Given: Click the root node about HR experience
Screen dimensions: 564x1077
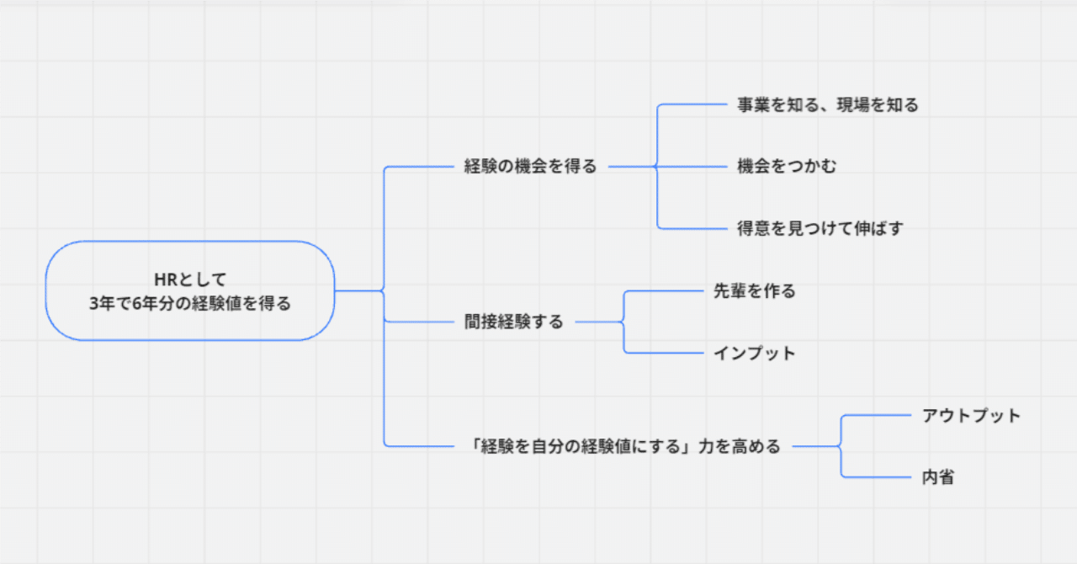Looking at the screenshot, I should (190, 290).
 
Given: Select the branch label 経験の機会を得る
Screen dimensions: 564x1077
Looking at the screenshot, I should (530, 167).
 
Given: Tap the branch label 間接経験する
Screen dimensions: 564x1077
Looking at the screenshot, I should (513, 322).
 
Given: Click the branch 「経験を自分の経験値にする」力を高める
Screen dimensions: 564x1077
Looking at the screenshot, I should (626, 446).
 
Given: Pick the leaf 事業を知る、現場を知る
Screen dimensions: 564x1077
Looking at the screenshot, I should (827, 105).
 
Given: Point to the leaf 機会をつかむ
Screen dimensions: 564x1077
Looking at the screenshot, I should (787, 167).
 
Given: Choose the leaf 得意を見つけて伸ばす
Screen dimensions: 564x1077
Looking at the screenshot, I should (820, 228).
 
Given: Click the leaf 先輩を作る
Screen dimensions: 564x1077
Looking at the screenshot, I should (754, 291).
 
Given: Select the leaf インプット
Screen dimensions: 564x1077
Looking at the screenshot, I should (754, 353).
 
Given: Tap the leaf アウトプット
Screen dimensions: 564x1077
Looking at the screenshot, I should (971, 415).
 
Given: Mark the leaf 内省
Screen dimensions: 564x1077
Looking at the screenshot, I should (938, 477).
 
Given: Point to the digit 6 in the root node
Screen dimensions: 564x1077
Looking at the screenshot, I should (137, 304).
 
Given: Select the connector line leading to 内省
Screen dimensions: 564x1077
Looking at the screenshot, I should (875, 477).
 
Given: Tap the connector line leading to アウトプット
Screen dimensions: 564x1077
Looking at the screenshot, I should (875, 415).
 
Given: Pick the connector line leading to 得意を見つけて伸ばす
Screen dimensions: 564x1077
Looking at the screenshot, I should (690, 228).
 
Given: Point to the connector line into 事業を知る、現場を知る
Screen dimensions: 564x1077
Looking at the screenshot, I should (690, 105).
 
